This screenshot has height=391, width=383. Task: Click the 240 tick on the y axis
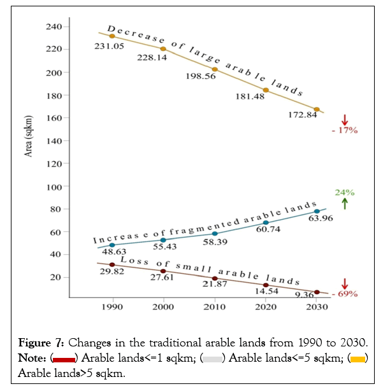(52, 27)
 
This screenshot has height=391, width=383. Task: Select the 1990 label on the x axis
(112, 307)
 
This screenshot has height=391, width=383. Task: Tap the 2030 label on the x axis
(317, 307)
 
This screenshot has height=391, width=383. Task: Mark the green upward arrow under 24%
(345, 204)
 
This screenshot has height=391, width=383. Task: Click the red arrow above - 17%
(345, 119)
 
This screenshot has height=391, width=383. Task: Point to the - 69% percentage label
(345, 294)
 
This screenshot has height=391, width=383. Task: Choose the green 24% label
(345, 192)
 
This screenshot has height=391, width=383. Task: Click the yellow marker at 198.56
(215, 69)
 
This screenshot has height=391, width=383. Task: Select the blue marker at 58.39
(215, 234)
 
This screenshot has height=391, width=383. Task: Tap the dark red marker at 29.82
(112, 265)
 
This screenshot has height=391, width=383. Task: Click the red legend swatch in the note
(64, 359)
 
